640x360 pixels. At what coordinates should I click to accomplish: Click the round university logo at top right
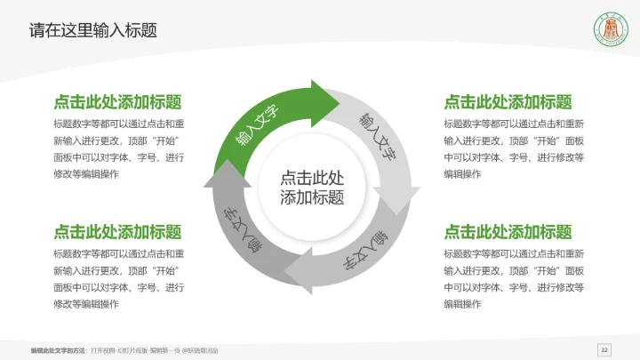tap(611, 30)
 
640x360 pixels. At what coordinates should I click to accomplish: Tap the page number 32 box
tap(604, 348)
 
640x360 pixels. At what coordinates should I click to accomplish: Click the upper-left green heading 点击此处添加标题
tap(118, 101)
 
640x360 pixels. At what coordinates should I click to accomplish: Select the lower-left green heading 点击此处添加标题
tap(118, 232)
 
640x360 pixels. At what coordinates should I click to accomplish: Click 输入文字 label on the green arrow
tap(257, 124)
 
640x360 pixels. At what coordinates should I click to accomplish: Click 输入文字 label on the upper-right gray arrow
tap(377, 134)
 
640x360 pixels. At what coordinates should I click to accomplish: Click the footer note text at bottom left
tap(124, 349)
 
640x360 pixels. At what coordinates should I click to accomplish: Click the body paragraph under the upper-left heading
tap(118, 148)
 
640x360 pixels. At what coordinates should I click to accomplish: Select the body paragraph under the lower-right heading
tap(513, 279)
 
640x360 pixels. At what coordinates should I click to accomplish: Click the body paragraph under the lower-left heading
tap(118, 279)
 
